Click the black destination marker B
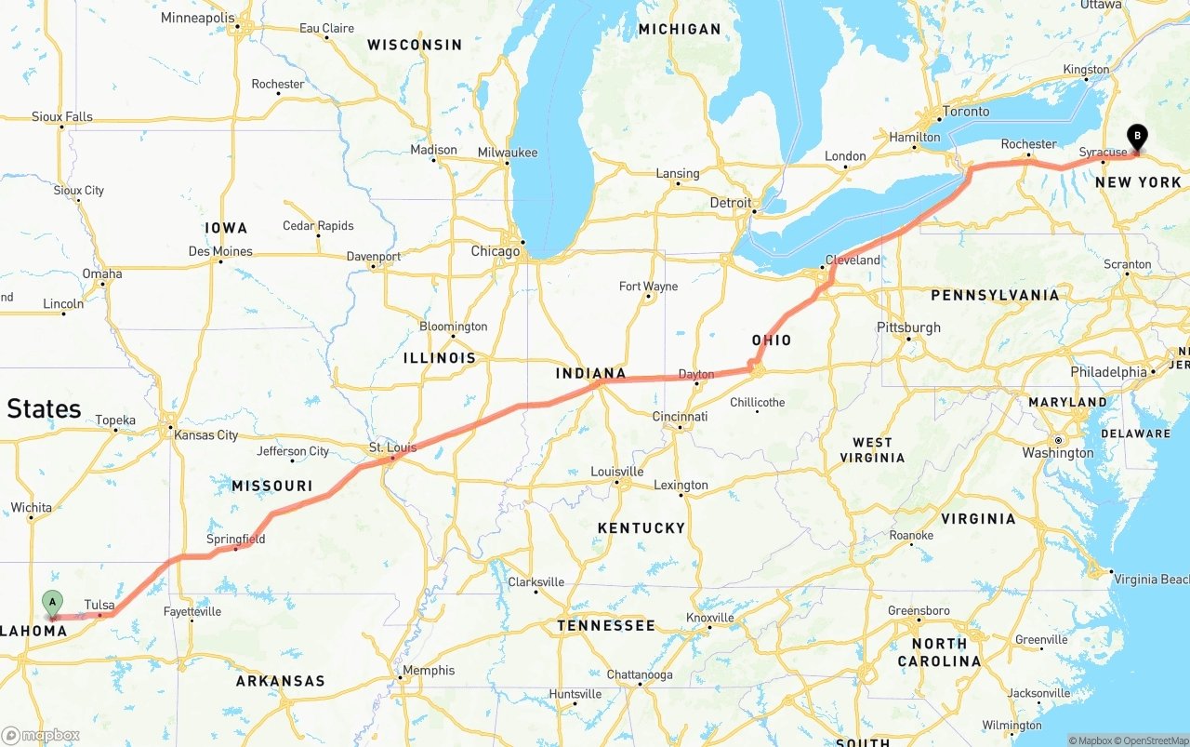(1137, 137)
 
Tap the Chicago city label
(496, 251)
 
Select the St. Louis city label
(392, 447)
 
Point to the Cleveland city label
(853, 260)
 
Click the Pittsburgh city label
(908, 327)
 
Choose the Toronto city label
(966, 112)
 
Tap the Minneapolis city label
(198, 18)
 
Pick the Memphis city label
(429, 670)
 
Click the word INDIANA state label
(590, 373)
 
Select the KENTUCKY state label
(641, 527)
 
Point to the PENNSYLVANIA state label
(995, 295)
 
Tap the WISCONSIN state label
(415, 45)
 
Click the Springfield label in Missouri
(235, 539)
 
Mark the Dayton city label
(696, 374)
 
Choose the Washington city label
(1058, 453)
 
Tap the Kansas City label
(206, 435)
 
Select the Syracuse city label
(1103, 152)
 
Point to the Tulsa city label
(99, 605)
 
